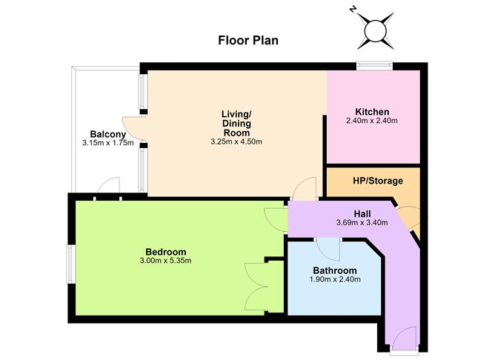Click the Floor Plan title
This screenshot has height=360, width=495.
[x=248, y=41]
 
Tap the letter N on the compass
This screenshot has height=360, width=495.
[x=352, y=10]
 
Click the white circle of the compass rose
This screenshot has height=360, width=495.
[x=376, y=31]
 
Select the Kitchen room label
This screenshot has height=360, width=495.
[x=372, y=112]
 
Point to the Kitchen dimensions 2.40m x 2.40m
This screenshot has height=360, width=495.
[x=372, y=121]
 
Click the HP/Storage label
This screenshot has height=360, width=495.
[x=378, y=181]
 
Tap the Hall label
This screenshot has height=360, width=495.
[x=362, y=214]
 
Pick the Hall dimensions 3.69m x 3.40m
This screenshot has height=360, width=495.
[x=362, y=222]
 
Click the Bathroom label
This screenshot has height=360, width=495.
[x=335, y=270]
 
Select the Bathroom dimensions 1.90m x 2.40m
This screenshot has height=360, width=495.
[x=335, y=279]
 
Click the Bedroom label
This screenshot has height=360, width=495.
[x=166, y=252]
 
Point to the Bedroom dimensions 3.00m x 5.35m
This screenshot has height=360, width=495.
[x=165, y=261]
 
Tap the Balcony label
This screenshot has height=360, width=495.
[x=108, y=134]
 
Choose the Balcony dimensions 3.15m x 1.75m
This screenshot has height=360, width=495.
[x=108, y=143]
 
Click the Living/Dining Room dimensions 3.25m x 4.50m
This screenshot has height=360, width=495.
[x=236, y=141]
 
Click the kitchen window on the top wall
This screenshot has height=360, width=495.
[x=374, y=66]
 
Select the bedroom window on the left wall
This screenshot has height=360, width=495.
[x=70, y=264]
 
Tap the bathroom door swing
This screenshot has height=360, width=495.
[x=328, y=249]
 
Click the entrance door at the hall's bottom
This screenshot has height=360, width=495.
[x=405, y=339]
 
